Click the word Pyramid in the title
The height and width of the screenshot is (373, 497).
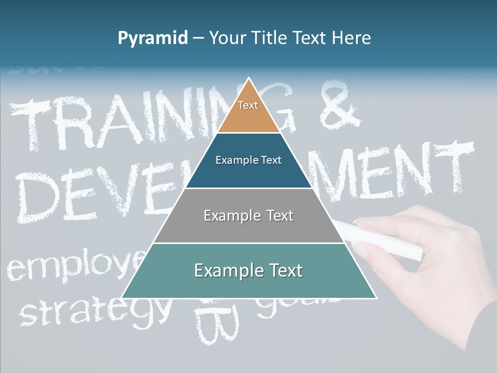pyautogui.click(x=153, y=38)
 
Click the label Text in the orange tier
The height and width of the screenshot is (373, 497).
pyautogui.click(x=248, y=105)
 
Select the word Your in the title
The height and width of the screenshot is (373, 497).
pyautogui.click(x=228, y=38)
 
